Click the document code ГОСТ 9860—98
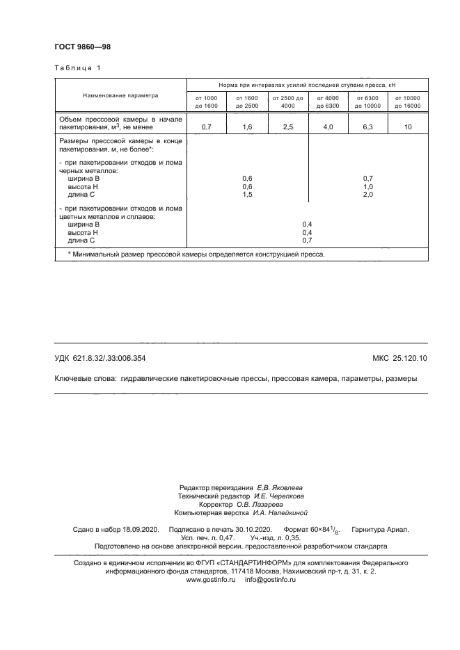[82, 47]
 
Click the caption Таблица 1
[77, 68]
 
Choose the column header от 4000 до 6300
[327, 101]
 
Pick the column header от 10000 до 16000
[407, 101]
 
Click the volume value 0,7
[206, 127]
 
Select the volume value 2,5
[288, 127]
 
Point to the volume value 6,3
[367, 127]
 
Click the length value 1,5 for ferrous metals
[247, 195]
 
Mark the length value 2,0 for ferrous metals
[368, 195]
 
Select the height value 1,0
[368, 187]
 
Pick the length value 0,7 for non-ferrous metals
[307, 240]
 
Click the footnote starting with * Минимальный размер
[196, 254]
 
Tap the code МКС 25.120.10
[400, 358]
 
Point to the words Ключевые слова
[85, 379]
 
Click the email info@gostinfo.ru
[271, 579]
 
